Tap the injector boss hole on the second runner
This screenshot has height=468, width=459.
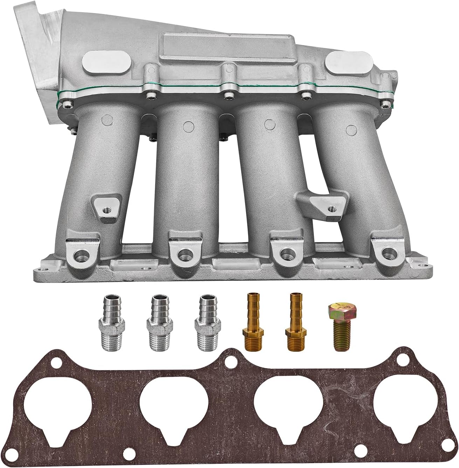[x=182, y=252]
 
